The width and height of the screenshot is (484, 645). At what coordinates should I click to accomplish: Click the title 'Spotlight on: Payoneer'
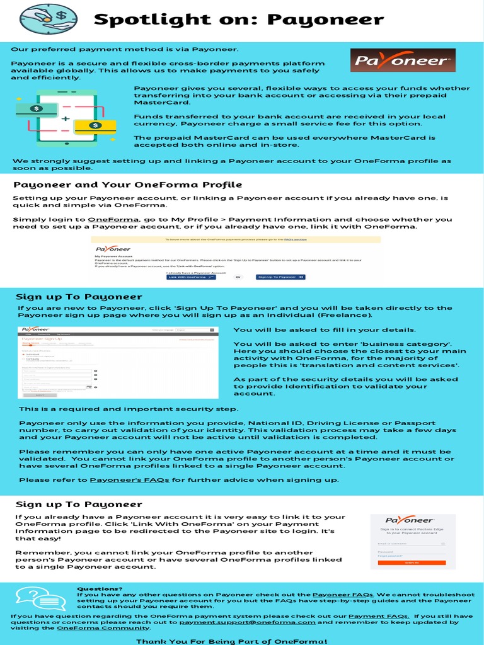click(x=238, y=20)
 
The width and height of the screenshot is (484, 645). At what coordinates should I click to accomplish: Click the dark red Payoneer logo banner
click(x=402, y=61)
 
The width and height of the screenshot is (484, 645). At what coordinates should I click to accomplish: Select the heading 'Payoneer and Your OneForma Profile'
click(x=128, y=185)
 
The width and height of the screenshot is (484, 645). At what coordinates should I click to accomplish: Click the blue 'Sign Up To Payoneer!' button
click(x=280, y=277)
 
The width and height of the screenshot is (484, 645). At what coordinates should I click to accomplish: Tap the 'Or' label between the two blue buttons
click(x=238, y=277)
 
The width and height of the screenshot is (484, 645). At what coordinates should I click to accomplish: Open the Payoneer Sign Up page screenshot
click(x=118, y=362)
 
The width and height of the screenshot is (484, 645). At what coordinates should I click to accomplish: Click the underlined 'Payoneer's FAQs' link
click(x=130, y=480)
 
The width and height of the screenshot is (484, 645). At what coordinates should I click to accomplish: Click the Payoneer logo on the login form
click(x=410, y=520)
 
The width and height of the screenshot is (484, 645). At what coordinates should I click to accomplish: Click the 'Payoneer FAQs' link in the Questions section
click(x=343, y=595)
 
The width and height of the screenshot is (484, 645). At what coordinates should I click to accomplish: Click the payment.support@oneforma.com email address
click(x=247, y=622)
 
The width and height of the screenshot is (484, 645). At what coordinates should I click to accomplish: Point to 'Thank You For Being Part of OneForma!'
click(x=232, y=640)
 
